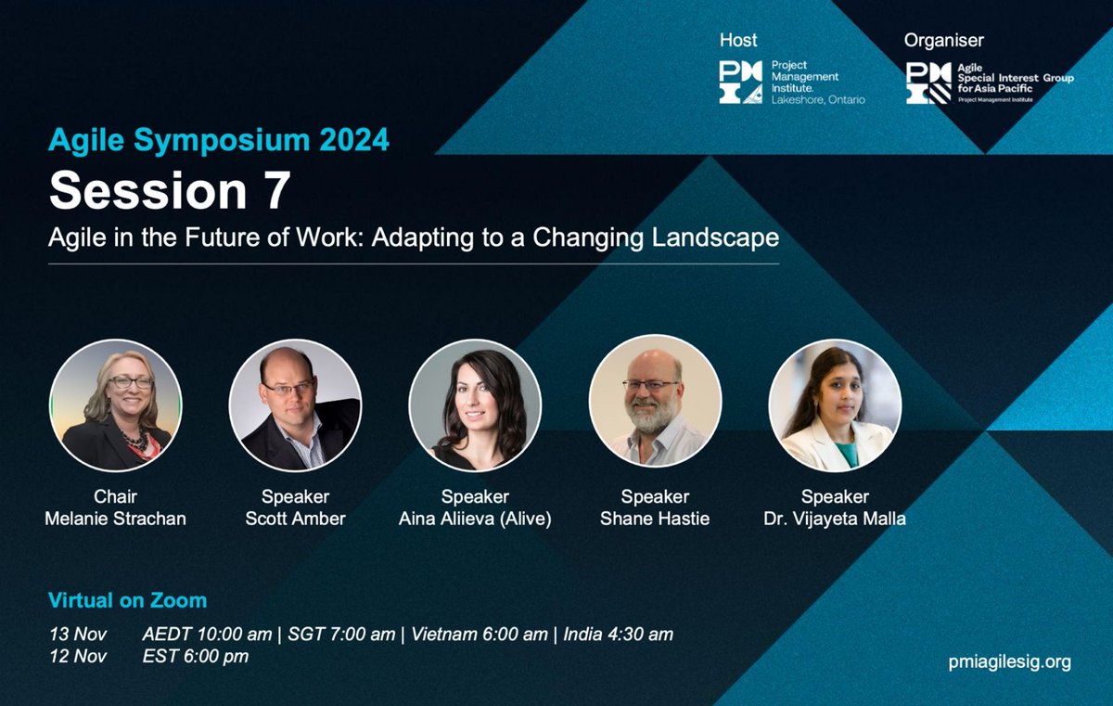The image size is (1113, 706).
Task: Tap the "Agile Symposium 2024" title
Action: click(x=219, y=140)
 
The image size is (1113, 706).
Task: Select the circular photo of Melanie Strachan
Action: click(x=116, y=404)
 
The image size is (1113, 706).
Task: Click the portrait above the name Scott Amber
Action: click(x=296, y=404)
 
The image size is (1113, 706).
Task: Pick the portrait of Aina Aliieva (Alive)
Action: click(x=475, y=404)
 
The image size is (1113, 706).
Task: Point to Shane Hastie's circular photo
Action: click(x=655, y=404)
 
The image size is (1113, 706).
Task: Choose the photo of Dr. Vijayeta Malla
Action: click(x=836, y=404)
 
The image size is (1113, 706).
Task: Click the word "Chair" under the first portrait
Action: click(x=116, y=496)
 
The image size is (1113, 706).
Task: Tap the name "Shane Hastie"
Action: click(x=655, y=519)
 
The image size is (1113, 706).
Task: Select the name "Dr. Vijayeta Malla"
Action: click(x=836, y=519)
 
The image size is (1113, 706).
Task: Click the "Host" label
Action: click(x=738, y=40)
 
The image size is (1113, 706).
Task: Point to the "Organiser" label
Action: click(x=944, y=40)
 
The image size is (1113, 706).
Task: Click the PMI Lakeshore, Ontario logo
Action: click(x=792, y=83)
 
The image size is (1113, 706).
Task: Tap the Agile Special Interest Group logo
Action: click(x=989, y=83)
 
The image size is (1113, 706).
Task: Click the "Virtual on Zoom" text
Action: click(x=128, y=600)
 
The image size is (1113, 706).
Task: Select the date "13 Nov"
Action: click(x=79, y=635)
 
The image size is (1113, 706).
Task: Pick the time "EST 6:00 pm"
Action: click(x=196, y=657)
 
